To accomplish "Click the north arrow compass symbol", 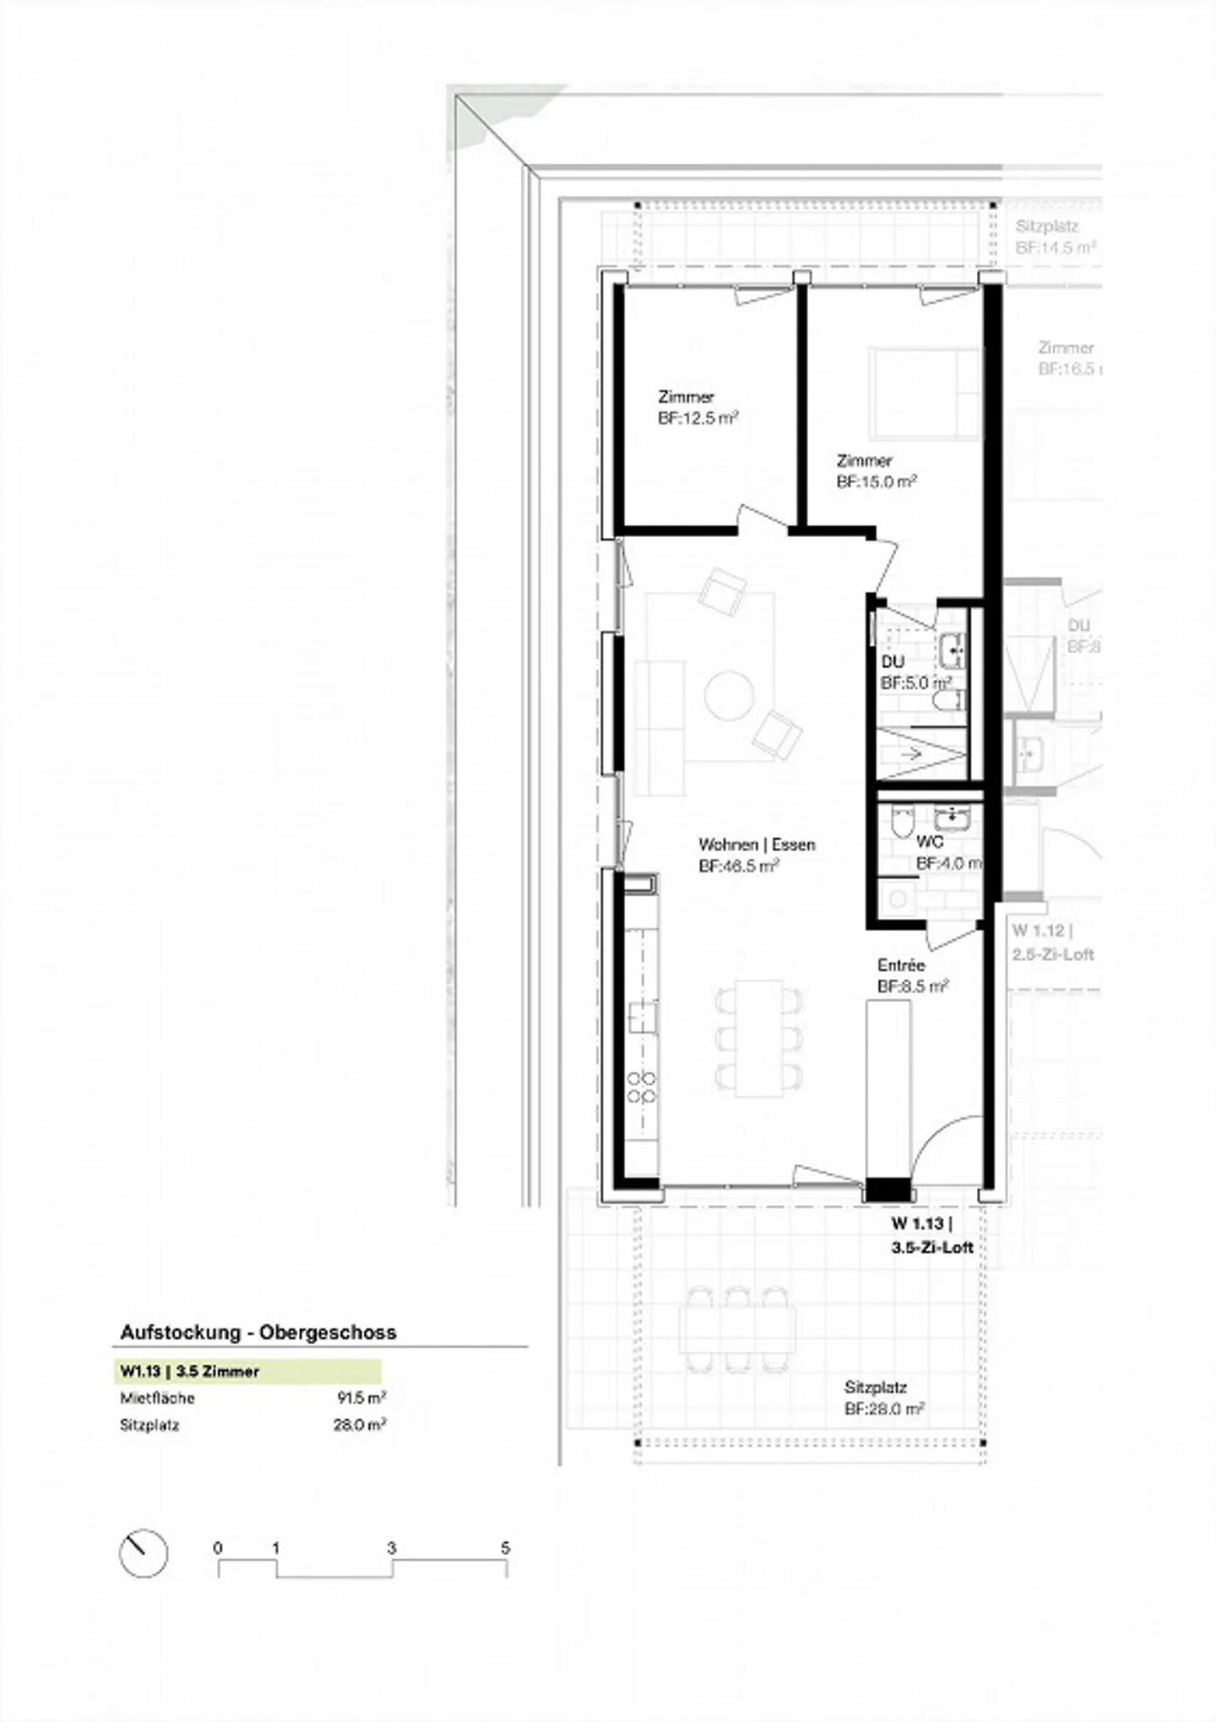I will click(144, 1552).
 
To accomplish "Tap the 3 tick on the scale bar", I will click(392, 1549).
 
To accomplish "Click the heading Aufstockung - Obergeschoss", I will click(258, 1333).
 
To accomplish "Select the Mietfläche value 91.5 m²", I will click(361, 1398).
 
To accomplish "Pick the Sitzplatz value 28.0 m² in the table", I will click(359, 1425).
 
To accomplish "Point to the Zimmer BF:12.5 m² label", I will click(698, 407).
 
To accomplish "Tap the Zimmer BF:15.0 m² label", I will click(876, 471).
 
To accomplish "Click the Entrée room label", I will click(901, 965).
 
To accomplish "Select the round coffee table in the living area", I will click(730, 695).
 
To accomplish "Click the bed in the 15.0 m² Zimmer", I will click(925, 393).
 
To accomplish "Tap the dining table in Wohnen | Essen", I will click(759, 1038).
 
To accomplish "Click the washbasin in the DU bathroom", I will click(953, 650).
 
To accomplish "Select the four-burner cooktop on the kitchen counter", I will click(642, 1087).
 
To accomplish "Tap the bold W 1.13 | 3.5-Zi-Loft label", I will click(932, 1235).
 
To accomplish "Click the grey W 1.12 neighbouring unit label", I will click(1052, 942).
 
